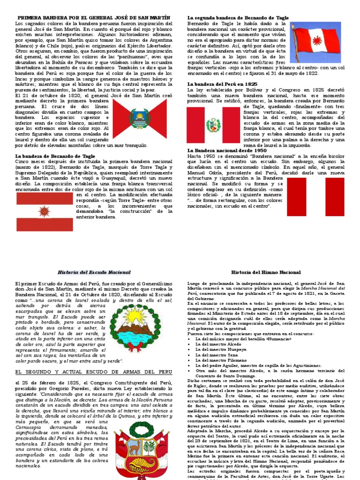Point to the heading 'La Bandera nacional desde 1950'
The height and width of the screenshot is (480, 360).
(227, 150)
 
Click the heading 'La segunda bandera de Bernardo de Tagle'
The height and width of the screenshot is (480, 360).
(238, 17)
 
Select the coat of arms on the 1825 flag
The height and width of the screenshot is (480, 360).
(213, 125)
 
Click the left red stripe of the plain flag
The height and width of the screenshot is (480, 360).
(296, 197)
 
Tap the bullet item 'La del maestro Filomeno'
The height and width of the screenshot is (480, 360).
(217, 360)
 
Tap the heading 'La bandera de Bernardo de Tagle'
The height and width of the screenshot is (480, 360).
(55, 156)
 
